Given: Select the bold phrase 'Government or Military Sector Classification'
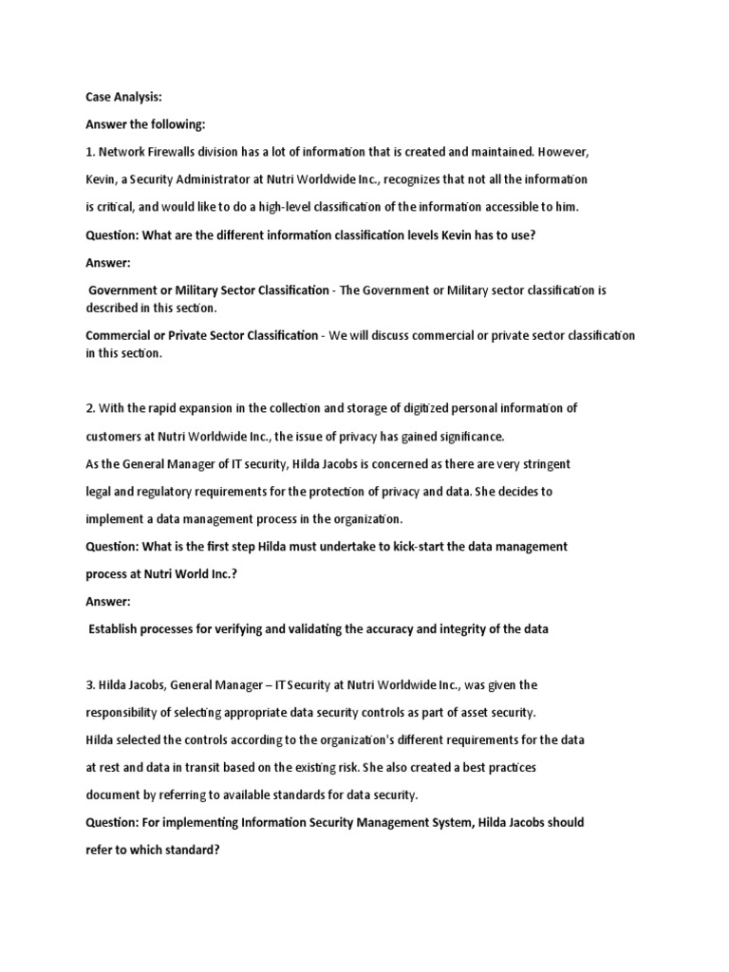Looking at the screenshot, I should [x=208, y=290].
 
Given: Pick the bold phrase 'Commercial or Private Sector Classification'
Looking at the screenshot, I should [x=202, y=335].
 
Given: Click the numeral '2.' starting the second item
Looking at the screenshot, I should [x=91, y=408].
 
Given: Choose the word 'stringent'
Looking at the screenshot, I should [x=539, y=464].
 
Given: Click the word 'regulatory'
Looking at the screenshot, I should [x=169, y=492].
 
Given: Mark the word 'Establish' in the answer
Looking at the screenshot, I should [x=117, y=629].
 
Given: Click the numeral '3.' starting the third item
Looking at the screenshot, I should [x=91, y=684].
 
